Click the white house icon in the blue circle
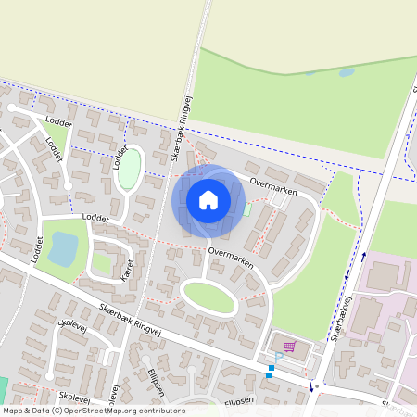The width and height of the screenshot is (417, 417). coord(208,199)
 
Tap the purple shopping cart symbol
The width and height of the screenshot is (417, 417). coord(289,347)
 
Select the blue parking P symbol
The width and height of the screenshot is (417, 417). coord(277,358)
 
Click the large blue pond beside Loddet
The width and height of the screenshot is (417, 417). coord(63,248)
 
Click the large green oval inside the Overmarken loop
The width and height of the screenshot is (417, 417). coord(208,297)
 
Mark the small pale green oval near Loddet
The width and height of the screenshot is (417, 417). coord(129,169)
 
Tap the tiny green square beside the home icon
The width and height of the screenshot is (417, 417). coord(246,208)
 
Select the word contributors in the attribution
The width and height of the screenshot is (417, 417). coord(163,411)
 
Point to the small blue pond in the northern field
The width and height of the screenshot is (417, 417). coord(347,71)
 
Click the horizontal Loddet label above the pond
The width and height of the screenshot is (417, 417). coord(95,219)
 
